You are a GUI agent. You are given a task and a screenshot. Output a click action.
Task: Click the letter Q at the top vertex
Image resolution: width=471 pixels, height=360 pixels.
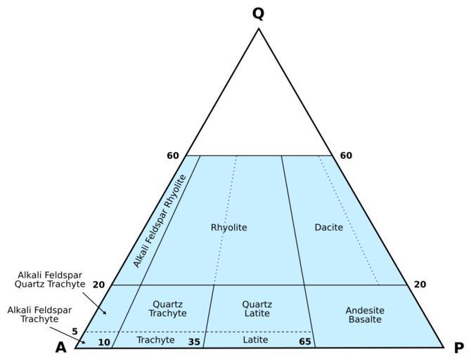pyautogui.click(x=258, y=14)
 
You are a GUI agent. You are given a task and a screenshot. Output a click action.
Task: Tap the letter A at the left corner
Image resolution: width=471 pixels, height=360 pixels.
pyautogui.click(x=62, y=347)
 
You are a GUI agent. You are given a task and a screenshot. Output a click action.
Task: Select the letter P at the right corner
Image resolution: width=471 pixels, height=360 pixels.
pyautogui.click(x=458, y=347)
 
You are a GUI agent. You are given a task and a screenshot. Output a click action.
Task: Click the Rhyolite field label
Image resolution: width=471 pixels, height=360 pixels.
pyautogui.click(x=228, y=228)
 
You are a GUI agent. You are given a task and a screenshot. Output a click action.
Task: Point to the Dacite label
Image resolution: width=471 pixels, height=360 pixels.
pyautogui.click(x=328, y=228)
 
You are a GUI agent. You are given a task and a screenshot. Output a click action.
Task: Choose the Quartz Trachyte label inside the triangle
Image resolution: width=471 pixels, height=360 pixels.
pyautogui.click(x=168, y=309)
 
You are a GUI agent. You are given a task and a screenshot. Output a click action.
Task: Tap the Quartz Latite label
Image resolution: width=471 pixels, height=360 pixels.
pyautogui.click(x=257, y=309)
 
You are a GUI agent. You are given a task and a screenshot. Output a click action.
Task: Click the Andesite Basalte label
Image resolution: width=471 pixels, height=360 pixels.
pyautogui.click(x=364, y=314)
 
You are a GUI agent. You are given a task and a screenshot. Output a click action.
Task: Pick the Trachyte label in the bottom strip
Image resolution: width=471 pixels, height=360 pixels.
pyautogui.click(x=155, y=340)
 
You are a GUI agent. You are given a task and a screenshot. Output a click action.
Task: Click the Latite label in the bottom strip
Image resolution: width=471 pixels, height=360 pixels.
pyautogui.click(x=255, y=340)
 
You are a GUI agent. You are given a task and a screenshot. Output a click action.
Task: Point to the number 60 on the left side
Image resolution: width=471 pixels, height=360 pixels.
pyautogui.click(x=173, y=155)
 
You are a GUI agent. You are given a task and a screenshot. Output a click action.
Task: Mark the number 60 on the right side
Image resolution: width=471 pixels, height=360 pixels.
pyautogui.click(x=346, y=155)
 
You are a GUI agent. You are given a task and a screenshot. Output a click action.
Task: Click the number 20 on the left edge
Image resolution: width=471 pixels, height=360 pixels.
pyautogui.click(x=98, y=285)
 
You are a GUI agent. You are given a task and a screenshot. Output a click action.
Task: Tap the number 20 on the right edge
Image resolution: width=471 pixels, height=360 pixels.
pyautogui.click(x=420, y=285)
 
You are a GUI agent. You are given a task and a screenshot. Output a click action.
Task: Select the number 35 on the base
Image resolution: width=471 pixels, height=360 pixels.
pyautogui.click(x=194, y=342)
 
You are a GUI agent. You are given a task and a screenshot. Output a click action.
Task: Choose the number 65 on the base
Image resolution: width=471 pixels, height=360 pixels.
pyautogui.click(x=304, y=342)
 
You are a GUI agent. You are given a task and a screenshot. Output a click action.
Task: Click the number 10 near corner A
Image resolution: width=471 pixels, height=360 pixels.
pyautogui.click(x=104, y=342)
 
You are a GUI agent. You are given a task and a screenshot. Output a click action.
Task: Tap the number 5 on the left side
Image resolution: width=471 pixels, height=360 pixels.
pyautogui.click(x=75, y=331)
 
